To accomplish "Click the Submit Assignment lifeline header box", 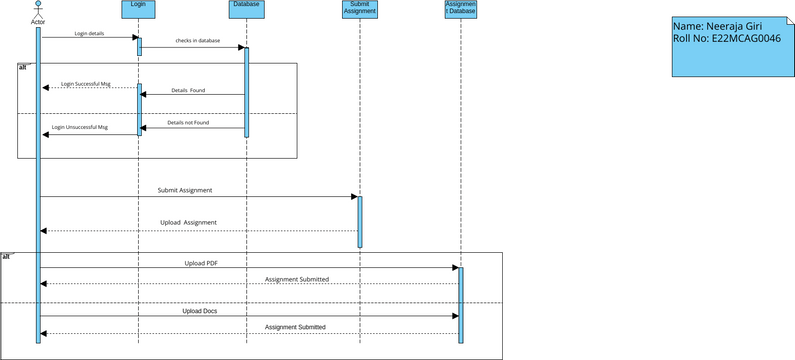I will tap(358, 9).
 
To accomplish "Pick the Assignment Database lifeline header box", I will tap(460, 9).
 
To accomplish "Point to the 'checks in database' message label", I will tap(196, 42).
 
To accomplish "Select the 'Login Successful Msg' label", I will tap(85, 84).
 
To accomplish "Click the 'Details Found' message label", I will tap(187, 90).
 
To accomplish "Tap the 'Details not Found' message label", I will tap(188, 123).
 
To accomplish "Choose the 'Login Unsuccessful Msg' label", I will tap(80, 128).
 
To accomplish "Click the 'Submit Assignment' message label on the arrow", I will tap(185, 190).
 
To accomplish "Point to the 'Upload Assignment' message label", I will tap(188, 222).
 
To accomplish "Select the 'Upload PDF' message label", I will tap(201, 263).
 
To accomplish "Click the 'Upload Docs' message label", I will tap(200, 311).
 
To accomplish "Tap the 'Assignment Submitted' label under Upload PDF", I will tap(296, 279).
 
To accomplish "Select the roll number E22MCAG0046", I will tap(740, 38).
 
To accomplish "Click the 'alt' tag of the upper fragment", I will tap(23, 67).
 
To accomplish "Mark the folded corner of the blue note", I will tap(790, 19).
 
